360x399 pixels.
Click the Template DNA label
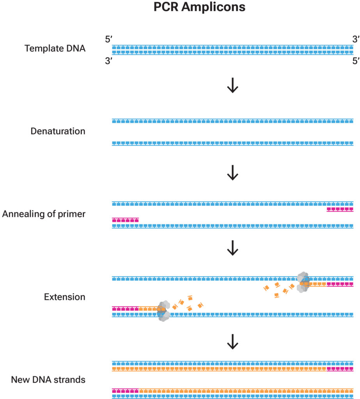pyautogui.click(x=55, y=49)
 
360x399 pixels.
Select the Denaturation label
pyautogui.click(x=58, y=131)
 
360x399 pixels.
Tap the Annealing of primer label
pyautogui.click(x=44, y=214)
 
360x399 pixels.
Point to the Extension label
pyautogui.click(x=64, y=297)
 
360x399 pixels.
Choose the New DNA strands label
pyautogui.click(x=48, y=379)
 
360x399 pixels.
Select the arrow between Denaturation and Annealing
pyautogui.click(x=232, y=172)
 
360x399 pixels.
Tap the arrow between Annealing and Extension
pyautogui.click(x=232, y=248)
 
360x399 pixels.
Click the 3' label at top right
pyautogui.click(x=356, y=39)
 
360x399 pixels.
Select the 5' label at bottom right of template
pyautogui.click(x=356, y=61)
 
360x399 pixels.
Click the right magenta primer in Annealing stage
pyautogui.click(x=340, y=210)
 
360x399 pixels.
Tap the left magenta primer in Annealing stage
pyautogui.click(x=125, y=220)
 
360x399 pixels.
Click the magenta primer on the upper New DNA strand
pyautogui.click(x=340, y=369)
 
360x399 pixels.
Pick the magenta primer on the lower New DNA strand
pyautogui.click(x=125, y=390)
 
